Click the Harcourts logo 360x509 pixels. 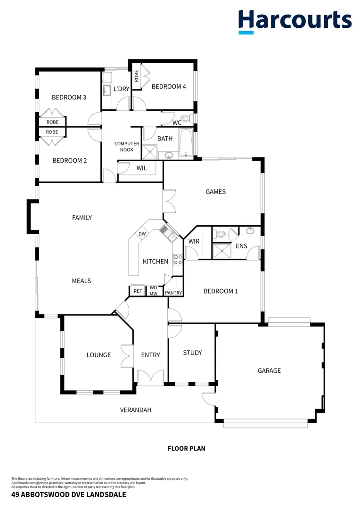pyautogui.click(x=295, y=21)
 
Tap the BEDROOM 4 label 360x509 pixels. pyautogui.click(x=168, y=87)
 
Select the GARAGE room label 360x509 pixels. pyautogui.click(x=269, y=371)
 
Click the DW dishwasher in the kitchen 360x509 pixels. pyautogui.click(x=142, y=234)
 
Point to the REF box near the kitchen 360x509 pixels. pyautogui.click(x=138, y=291)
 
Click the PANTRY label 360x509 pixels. pyautogui.click(x=173, y=293)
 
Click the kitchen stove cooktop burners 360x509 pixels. pyautogui.click(x=178, y=260)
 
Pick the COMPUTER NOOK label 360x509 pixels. pyautogui.click(x=127, y=147)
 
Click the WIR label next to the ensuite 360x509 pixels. pyautogui.click(x=194, y=241)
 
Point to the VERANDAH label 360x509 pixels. pyautogui.click(x=136, y=410)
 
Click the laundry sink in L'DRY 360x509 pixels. pyautogui.click(x=107, y=90)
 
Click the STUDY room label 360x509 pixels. pyautogui.click(x=192, y=353)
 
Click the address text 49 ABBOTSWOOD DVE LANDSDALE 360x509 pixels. pyautogui.click(x=68, y=495)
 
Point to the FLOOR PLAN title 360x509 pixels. pyautogui.click(x=186, y=449)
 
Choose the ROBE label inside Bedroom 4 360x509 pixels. pyautogui.click(x=136, y=76)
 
